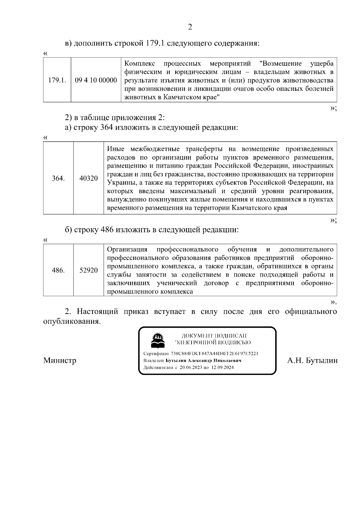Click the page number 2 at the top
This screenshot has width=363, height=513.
click(190, 27)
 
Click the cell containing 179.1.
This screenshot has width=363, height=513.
click(57, 80)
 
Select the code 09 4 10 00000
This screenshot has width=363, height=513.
click(96, 80)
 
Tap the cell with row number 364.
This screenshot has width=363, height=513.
click(58, 178)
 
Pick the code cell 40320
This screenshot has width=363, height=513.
click(88, 178)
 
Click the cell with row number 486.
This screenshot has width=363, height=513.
click(58, 270)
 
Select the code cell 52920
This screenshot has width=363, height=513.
click(88, 270)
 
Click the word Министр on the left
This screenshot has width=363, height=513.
click(60, 360)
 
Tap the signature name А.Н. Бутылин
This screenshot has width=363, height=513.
click(312, 360)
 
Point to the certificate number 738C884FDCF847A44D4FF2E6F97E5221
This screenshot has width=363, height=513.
click(214, 353)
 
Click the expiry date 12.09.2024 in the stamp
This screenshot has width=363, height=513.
click(222, 368)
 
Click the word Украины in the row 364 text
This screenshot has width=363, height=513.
click(119, 183)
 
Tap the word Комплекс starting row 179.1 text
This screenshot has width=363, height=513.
click(140, 64)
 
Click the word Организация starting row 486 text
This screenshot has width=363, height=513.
click(127, 249)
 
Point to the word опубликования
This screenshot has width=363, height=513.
click(71, 321)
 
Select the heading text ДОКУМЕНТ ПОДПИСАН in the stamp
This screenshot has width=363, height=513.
click(214, 336)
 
